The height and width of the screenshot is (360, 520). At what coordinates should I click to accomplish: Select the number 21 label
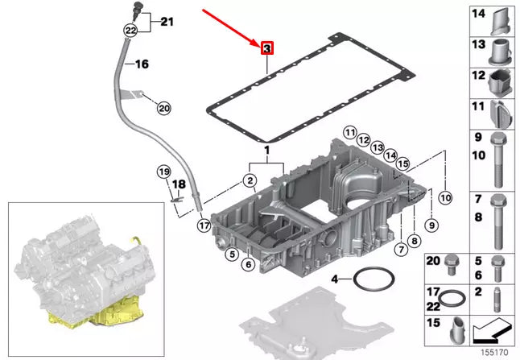(166, 22)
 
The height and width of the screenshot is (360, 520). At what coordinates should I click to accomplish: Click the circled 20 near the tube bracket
(163, 107)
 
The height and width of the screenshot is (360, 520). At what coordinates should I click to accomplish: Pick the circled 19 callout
(163, 172)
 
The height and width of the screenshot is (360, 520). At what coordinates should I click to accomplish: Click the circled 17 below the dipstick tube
(204, 226)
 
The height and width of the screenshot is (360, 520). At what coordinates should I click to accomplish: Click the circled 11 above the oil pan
(349, 132)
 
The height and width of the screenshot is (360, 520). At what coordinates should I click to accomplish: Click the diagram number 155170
(495, 352)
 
